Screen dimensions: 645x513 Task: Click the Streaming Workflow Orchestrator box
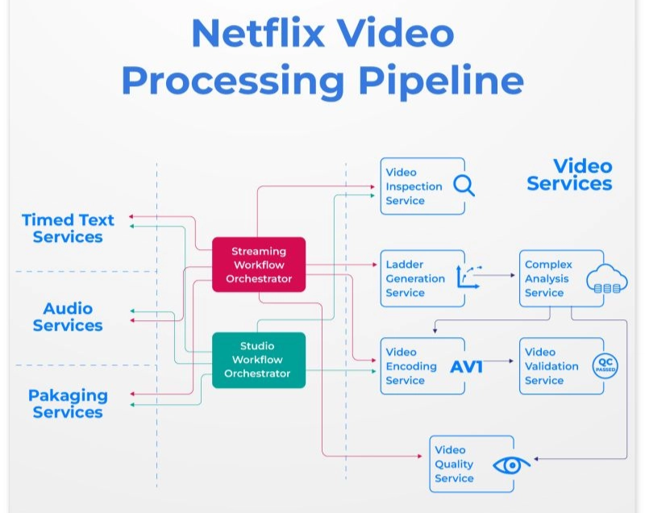(259, 265)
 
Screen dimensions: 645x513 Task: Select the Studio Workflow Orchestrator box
(259, 360)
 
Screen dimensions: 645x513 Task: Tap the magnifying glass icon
(464, 186)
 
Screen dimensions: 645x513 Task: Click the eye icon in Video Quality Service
(511, 465)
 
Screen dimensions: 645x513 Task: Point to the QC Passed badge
(605, 365)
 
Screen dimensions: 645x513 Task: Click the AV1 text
(466, 366)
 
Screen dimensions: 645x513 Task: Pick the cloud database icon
(607, 278)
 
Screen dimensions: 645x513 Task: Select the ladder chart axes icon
(468, 277)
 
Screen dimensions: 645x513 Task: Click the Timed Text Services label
(68, 228)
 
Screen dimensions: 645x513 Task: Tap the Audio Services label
(68, 317)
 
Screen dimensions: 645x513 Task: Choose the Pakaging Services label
(68, 403)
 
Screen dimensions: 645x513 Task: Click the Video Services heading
(570, 175)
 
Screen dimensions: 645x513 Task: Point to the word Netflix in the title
(258, 33)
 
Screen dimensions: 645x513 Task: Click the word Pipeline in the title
(441, 81)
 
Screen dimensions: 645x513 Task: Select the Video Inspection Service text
(414, 186)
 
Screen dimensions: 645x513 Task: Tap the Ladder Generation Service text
(415, 278)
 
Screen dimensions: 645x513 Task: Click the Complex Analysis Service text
(548, 278)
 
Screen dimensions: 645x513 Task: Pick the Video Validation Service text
(551, 366)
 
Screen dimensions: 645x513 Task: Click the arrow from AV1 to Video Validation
(498, 361)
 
